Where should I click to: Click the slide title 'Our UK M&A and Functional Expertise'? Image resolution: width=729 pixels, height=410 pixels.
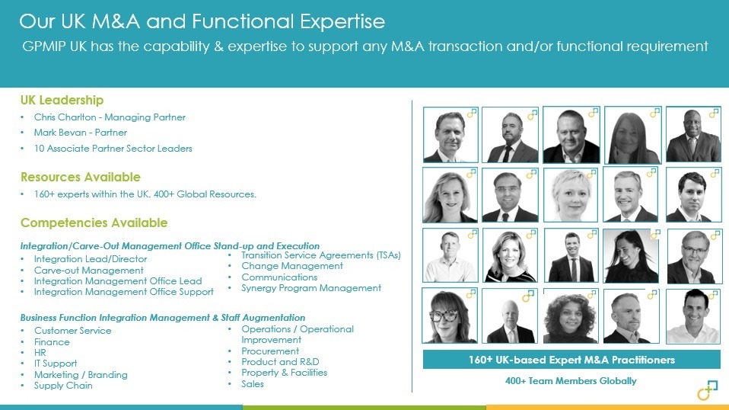pyautogui.click(x=202, y=21)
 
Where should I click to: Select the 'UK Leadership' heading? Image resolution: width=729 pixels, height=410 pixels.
pyautogui.click(x=62, y=100)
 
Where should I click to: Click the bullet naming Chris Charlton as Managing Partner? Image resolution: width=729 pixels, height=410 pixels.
pyautogui.click(x=110, y=117)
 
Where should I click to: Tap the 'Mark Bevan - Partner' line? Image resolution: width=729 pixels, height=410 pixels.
pyautogui.click(x=81, y=133)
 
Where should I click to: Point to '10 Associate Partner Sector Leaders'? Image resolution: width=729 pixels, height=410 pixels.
pyautogui.click(x=113, y=149)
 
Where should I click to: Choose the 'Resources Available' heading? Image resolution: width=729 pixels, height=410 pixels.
pyautogui.click(x=81, y=178)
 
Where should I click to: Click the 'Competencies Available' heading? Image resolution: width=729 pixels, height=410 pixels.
pyautogui.click(x=94, y=223)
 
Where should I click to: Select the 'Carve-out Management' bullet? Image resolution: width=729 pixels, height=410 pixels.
pyautogui.click(x=89, y=271)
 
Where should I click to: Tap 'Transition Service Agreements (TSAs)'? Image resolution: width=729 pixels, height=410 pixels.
pyautogui.click(x=321, y=255)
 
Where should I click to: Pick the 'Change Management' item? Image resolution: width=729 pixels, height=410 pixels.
pyautogui.click(x=292, y=266)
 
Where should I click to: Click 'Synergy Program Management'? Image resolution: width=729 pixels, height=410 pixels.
pyautogui.click(x=311, y=288)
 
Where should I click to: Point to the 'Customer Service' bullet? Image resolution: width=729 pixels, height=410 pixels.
pyautogui.click(x=72, y=331)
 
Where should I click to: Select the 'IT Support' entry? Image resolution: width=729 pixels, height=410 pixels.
pyautogui.click(x=56, y=364)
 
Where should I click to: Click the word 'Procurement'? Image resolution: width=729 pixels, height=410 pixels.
pyautogui.click(x=270, y=351)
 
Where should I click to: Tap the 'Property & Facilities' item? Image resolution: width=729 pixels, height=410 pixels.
pyautogui.click(x=284, y=373)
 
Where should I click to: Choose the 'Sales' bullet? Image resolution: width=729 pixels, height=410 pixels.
pyautogui.click(x=253, y=384)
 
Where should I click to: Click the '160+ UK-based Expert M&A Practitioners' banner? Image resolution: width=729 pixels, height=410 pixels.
pyautogui.click(x=571, y=360)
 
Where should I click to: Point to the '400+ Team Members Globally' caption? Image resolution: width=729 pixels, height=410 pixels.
pyautogui.click(x=571, y=381)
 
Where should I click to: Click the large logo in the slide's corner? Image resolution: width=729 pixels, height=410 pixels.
pyautogui.click(x=708, y=390)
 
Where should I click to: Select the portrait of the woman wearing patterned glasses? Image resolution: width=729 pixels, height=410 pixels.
pyautogui.click(x=449, y=316)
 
